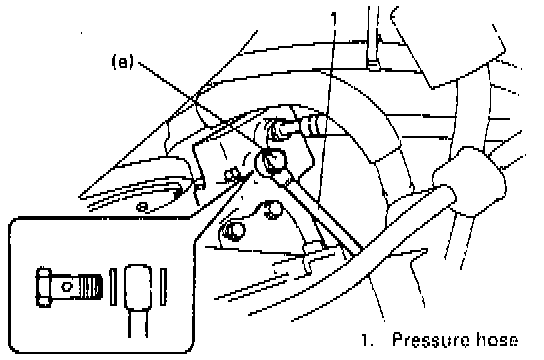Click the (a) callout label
(x=122, y=62)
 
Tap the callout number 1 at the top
(x=334, y=19)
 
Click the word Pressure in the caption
(x=431, y=340)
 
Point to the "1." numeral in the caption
(x=368, y=340)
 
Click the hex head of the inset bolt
(x=44, y=287)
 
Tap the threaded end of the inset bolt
(x=91, y=287)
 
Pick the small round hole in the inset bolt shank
(x=66, y=287)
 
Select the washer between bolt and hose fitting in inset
(x=113, y=287)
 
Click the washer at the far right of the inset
(x=163, y=287)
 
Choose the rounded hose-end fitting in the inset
(x=138, y=287)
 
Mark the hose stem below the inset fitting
(x=138, y=324)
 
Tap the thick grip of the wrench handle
(x=469, y=180)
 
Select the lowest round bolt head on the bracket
(x=234, y=231)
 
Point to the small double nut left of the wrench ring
(x=232, y=174)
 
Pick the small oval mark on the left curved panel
(x=142, y=207)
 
